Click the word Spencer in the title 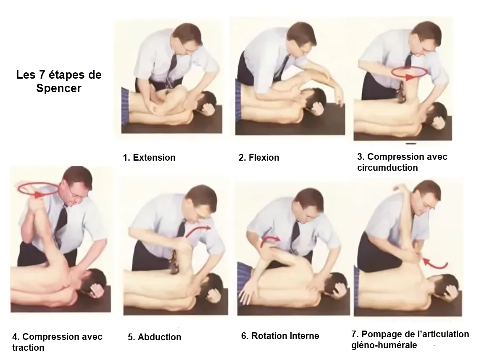pos(59,88)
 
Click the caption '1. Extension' pos(149,158)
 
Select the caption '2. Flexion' pos(259,158)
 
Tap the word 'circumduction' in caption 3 pos(387,168)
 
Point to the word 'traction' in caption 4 pos(28,347)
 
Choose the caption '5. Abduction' pos(155,337)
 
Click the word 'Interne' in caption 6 pos(302,336)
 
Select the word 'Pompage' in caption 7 pos(382,334)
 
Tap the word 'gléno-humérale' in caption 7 pos(384,345)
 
